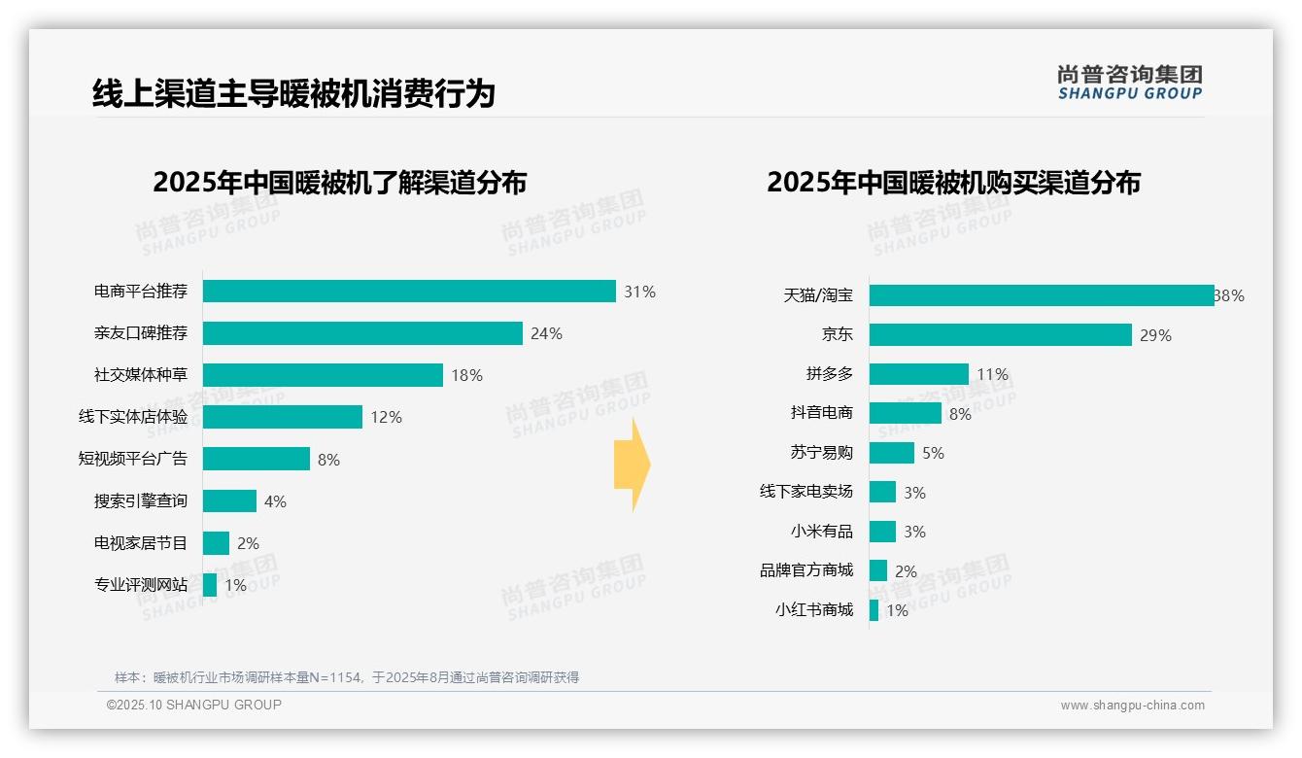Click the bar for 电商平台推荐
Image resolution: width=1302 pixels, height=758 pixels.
pyautogui.click(x=409, y=292)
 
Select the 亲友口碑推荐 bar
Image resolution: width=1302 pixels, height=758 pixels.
pyautogui.click(x=362, y=333)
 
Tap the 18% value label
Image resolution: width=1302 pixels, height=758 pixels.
pyautogui.click(x=466, y=375)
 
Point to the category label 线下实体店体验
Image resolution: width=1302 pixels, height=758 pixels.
pyautogui.click(x=133, y=417)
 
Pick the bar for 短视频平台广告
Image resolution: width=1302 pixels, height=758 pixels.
pyautogui.click(x=257, y=459)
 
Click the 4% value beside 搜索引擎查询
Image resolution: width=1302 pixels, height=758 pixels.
pyautogui.click(x=275, y=501)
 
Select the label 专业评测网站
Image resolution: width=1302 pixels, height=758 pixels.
pyautogui.click(x=141, y=585)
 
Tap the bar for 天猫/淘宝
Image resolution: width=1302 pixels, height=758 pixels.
pyautogui.click(x=1042, y=295)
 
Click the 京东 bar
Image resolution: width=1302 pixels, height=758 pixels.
pyautogui.click(x=1001, y=335)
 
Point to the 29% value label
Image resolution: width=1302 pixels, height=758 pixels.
pyautogui.click(x=1155, y=335)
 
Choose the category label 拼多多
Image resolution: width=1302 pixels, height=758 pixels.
pyautogui.click(x=830, y=374)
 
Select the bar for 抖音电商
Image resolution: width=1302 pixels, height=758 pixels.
pyautogui.click(x=906, y=413)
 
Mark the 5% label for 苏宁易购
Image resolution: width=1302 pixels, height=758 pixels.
pyautogui.click(x=933, y=453)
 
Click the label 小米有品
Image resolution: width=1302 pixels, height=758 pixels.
pyautogui.click(x=822, y=532)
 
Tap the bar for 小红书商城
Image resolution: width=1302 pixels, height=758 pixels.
pyautogui.click(x=874, y=610)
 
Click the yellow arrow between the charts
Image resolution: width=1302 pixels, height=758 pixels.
pyautogui.click(x=632, y=465)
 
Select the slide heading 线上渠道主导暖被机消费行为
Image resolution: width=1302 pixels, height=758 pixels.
pyautogui.click(x=293, y=93)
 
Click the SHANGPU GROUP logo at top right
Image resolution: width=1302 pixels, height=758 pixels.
pyautogui.click(x=1129, y=83)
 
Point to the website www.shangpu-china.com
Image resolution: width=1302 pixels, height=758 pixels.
pyautogui.click(x=1132, y=706)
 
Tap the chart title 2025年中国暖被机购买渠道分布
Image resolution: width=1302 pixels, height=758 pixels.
pyautogui.click(x=953, y=183)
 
